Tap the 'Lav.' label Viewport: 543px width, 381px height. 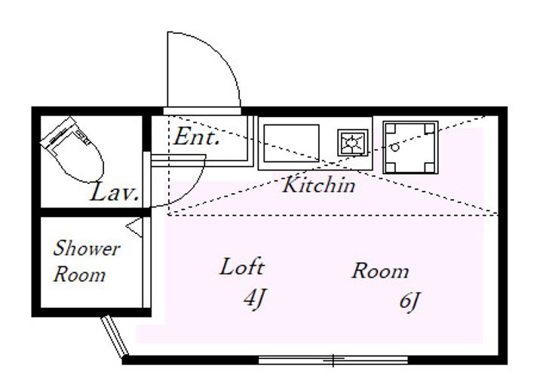pos(115,193)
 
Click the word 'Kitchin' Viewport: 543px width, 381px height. pos(318,185)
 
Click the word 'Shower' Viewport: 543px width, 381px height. pos(86,249)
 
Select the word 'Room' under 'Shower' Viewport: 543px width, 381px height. pos(79,275)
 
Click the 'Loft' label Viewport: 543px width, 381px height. pos(241,267)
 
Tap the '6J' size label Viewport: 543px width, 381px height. pos(410,301)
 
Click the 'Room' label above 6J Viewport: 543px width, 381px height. pos(380,272)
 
